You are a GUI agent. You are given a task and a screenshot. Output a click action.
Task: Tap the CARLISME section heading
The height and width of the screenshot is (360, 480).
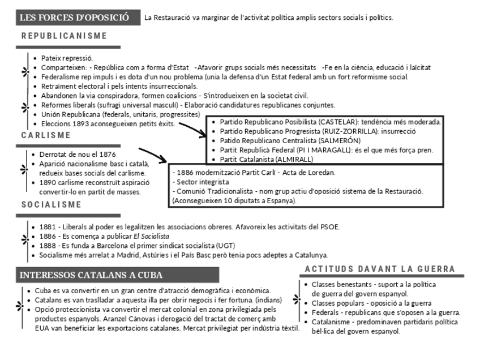[46, 135]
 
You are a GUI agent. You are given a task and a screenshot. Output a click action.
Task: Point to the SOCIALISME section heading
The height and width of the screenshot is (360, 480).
[52, 204]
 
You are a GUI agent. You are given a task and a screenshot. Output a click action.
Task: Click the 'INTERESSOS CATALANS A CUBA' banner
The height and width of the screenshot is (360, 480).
[91, 275]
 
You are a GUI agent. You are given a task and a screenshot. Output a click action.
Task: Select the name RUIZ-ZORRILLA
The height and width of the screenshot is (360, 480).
[346, 131]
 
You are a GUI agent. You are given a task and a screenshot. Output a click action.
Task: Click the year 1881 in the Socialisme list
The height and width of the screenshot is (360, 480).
[48, 227]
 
